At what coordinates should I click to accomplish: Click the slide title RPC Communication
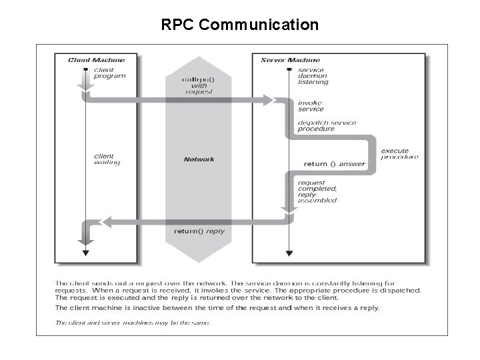[240, 25]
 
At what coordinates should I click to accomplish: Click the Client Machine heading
[96, 60]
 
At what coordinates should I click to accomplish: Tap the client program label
[109, 72]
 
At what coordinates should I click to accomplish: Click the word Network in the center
[199, 159]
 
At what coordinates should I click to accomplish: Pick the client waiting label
[107, 160]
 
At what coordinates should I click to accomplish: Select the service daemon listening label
[313, 76]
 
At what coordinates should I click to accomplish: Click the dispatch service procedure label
[327, 126]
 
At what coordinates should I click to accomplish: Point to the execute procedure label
[399, 154]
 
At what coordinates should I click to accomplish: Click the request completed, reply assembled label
[317, 191]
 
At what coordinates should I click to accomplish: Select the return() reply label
[199, 231]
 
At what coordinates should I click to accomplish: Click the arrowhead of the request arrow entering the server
[270, 100]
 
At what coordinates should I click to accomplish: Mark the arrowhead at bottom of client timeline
[85, 253]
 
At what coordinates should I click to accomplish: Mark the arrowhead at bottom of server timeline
[288, 253]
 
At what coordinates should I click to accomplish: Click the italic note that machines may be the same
[132, 323]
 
